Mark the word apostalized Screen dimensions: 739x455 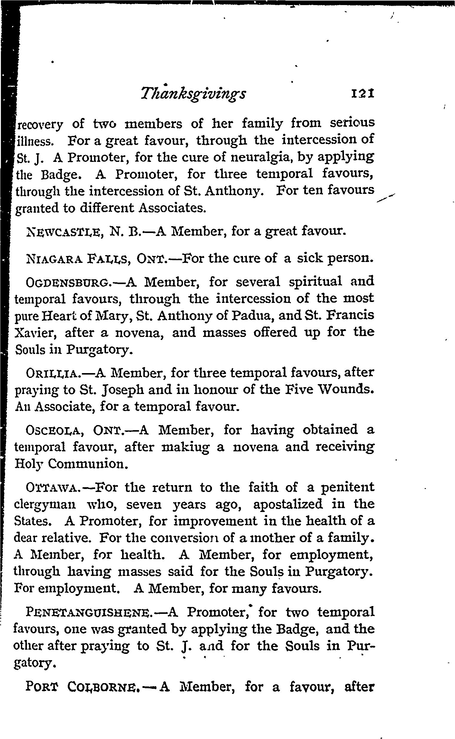click(288, 504)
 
